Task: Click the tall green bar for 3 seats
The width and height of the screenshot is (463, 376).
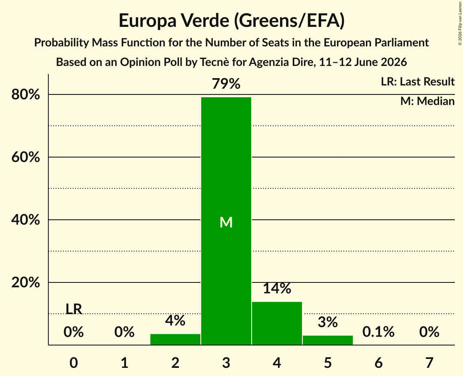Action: pyautogui.click(x=226, y=221)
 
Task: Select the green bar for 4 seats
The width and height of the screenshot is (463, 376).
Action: pyautogui.click(x=277, y=323)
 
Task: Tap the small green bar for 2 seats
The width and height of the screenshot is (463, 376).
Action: pyautogui.click(x=175, y=339)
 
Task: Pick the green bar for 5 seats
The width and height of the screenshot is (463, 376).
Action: pyautogui.click(x=328, y=340)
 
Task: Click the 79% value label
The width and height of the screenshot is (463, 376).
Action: pyautogui.click(x=226, y=83)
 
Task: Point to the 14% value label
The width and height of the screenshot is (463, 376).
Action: pyautogui.click(x=277, y=288)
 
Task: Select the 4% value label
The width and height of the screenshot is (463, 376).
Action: pyautogui.click(x=175, y=320)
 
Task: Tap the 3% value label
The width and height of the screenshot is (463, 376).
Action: pyautogui.click(x=328, y=322)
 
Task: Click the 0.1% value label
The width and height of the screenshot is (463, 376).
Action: pyautogui.click(x=378, y=332)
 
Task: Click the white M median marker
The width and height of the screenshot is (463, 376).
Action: pyautogui.click(x=226, y=222)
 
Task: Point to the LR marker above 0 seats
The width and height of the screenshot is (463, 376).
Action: pyautogui.click(x=74, y=309)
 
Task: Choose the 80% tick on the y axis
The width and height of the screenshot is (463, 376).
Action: pyautogui.click(x=26, y=94)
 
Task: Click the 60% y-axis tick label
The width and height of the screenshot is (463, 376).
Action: pyautogui.click(x=26, y=157)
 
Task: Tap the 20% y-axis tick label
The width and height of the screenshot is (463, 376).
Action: pyautogui.click(x=26, y=282)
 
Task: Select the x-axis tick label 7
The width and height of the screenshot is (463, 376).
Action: pyautogui.click(x=429, y=363)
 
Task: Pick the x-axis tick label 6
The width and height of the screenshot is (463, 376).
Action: pyautogui.click(x=378, y=363)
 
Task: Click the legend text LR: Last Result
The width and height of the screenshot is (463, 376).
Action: pyautogui.click(x=418, y=81)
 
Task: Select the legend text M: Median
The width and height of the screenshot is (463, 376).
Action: pyautogui.click(x=428, y=101)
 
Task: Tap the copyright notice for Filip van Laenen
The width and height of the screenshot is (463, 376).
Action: pyautogui.click(x=460, y=23)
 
